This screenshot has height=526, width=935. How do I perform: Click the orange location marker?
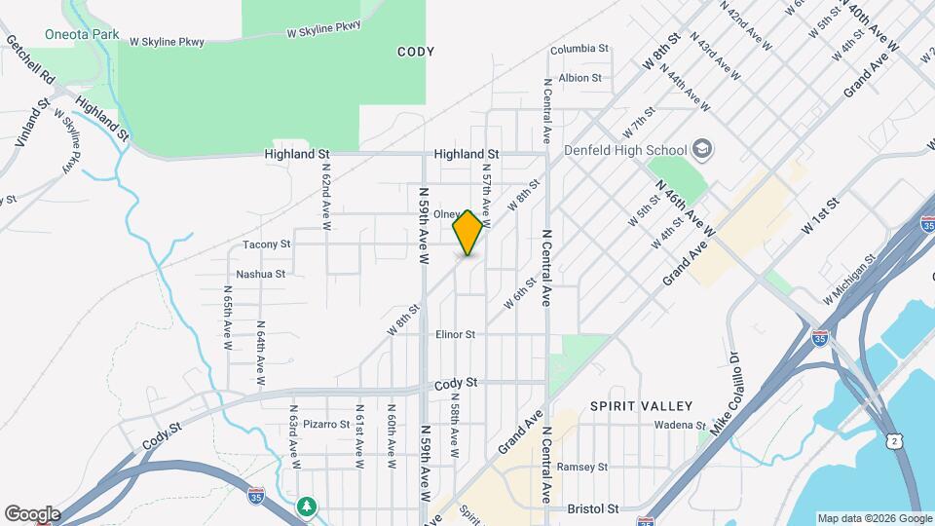coord(467,232)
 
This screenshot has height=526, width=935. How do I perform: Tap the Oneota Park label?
coord(82,34)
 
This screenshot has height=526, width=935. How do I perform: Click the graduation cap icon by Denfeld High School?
coord(703,150)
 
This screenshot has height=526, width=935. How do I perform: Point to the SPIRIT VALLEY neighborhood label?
coord(641,405)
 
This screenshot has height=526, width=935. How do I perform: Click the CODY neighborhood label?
coord(416,51)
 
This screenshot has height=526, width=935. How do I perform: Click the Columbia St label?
coord(579,48)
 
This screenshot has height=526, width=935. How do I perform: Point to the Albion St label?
coord(580,78)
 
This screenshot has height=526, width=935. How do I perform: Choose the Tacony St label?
coord(267,244)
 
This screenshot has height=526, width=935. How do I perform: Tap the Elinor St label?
coord(455,334)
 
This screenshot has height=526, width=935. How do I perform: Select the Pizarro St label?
coord(325,424)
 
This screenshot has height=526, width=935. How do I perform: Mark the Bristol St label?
coord(592,508)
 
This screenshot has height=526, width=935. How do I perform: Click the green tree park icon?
coord(308,506)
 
